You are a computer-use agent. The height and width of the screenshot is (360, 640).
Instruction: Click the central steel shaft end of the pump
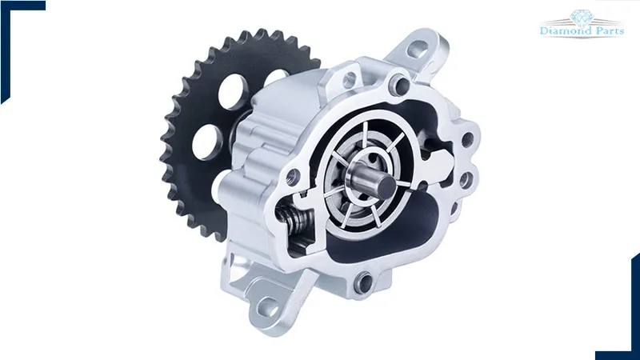pos(386,186)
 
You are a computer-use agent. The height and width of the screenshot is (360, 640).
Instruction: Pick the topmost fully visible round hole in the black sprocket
pos(233,91)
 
